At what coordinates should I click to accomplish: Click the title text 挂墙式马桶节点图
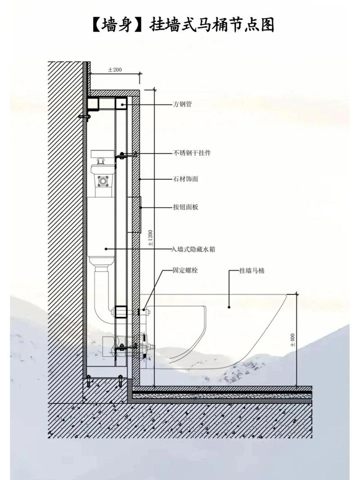[x=211, y=25]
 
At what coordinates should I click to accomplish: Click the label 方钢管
[x=182, y=104]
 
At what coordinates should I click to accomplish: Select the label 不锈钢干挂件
[x=192, y=153]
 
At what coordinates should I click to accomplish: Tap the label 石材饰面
[x=185, y=178]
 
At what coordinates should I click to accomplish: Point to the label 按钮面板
[x=185, y=207]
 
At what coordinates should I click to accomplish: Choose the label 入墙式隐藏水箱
[x=193, y=249]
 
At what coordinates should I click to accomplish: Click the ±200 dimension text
[x=115, y=70]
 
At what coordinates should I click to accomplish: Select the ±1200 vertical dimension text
[x=150, y=238]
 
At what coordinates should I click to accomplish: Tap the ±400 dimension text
[x=292, y=340]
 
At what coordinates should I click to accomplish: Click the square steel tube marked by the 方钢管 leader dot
[x=121, y=104]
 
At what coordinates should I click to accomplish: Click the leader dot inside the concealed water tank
[x=106, y=249]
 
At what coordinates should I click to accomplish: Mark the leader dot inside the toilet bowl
[x=229, y=307]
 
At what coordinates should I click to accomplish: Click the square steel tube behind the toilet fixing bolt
[x=121, y=312]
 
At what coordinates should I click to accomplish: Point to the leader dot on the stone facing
[x=140, y=179]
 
